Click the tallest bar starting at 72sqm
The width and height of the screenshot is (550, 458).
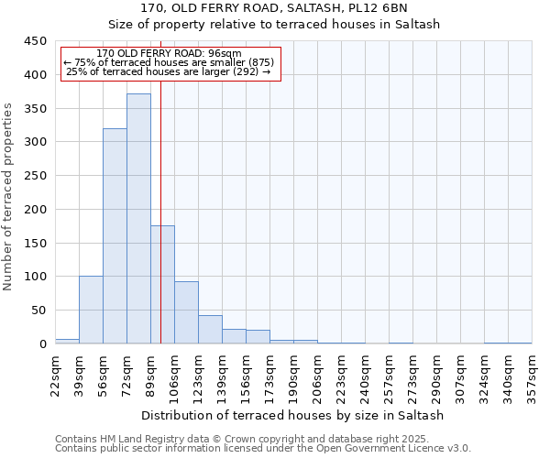[x=138, y=219]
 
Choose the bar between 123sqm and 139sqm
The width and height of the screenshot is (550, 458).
[x=210, y=330]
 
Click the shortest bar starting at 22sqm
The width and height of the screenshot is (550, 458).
[x=67, y=341]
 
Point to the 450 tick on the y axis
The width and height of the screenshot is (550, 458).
[x=34, y=41]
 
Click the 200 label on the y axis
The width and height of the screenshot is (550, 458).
[x=34, y=209]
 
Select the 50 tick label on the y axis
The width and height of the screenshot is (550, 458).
[x=38, y=311]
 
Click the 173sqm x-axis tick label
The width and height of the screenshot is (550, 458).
[x=270, y=376]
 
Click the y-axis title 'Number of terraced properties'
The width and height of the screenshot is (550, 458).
[x=9, y=196]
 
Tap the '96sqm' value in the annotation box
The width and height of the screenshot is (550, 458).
[x=225, y=53]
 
